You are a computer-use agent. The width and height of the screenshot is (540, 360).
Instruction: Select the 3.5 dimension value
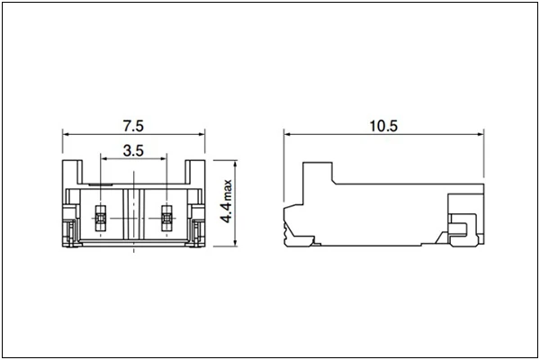tap(133, 150)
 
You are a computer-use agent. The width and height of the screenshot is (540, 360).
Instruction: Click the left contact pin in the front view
tap(101, 217)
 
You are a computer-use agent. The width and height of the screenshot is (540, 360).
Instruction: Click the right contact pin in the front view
tap(166, 217)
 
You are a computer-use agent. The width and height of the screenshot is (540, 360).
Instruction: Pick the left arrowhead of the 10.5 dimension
tap(287, 133)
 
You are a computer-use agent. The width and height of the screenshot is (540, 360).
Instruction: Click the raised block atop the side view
tap(317, 173)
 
